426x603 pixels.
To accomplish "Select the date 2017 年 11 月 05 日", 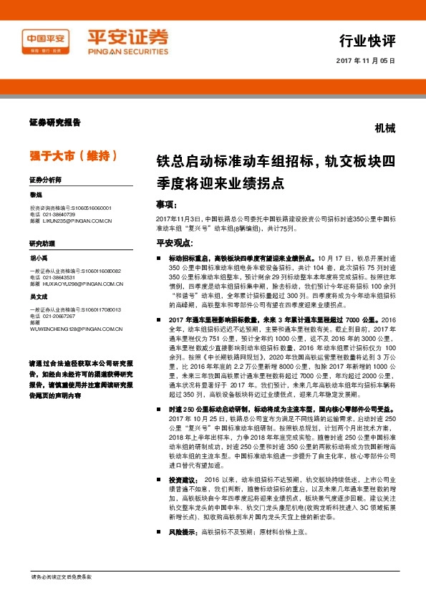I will tap(365, 61).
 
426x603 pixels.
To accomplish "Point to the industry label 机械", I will tap(384, 130).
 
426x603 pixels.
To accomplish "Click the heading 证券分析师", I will tap(46, 179).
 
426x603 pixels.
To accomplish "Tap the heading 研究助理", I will tap(42, 243).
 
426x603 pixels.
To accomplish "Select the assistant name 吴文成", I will tap(39, 296).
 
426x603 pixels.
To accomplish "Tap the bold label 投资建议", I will tap(183, 478).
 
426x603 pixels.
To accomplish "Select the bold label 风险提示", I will tap(183, 533).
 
